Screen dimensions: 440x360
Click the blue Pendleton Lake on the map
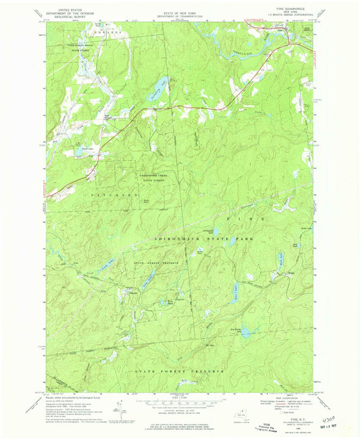coord(157,86)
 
